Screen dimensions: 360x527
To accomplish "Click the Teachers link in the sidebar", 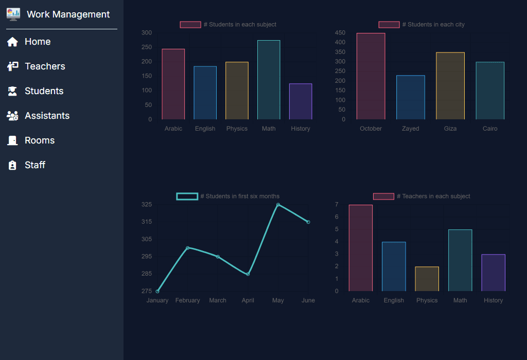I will point(45,66).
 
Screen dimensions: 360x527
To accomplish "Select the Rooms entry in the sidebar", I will point(39,140).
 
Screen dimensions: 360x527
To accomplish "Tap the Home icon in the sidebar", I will point(13,42).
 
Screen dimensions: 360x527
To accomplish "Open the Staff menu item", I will point(35,165).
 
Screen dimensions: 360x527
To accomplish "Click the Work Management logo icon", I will point(13,14).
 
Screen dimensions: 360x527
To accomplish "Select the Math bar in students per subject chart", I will point(269,80).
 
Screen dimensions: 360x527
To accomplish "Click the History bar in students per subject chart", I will point(301,101).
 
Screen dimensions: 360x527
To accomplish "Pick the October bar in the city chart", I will point(371,76).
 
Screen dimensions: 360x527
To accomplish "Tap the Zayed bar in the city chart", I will point(411,97).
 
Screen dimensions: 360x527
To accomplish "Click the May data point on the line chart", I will point(278,205).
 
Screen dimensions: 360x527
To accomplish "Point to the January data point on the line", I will point(157,291).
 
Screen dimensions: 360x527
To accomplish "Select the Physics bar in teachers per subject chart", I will point(427,279).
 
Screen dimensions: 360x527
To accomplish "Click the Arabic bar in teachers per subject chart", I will point(361,248).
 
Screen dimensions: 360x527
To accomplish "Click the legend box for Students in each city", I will point(389,25).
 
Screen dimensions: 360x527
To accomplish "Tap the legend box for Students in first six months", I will point(187,196).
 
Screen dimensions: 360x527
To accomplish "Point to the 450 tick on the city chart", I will point(340,33).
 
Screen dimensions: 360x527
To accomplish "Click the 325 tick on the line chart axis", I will point(147,205).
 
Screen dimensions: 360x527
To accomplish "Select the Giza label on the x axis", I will point(450,129).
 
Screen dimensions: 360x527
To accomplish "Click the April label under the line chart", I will point(248,300).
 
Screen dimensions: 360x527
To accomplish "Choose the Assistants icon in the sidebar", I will point(13,116).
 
